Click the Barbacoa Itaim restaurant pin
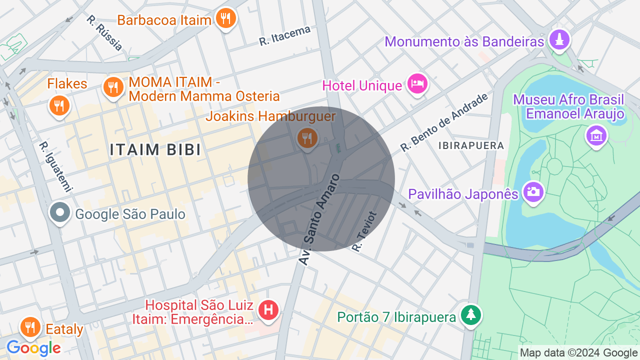point(226,18)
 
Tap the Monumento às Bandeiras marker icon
point(559,39)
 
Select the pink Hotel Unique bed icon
point(417,83)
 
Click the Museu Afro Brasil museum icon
point(596,135)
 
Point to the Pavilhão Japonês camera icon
point(533,191)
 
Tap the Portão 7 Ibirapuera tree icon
point(471,315)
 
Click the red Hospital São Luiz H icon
point(268,309)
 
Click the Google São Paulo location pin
point(60,213)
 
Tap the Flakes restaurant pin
point(59,105)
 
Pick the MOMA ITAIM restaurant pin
point(113,87)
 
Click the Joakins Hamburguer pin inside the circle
point(307,137)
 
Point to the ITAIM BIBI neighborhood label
point(155,149)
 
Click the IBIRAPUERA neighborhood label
point(470,145)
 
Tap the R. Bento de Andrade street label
point(443,122)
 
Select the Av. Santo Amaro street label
point(320,219)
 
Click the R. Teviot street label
point(364,231)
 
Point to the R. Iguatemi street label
point(56,167)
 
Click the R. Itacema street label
point(284,36)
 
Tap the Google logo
point(33,348)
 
